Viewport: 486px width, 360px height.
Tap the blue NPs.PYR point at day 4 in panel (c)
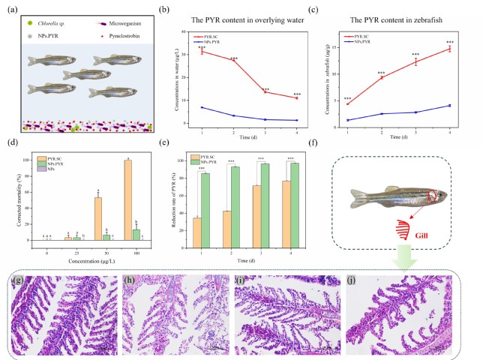448,105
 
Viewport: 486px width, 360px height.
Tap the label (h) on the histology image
132,282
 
